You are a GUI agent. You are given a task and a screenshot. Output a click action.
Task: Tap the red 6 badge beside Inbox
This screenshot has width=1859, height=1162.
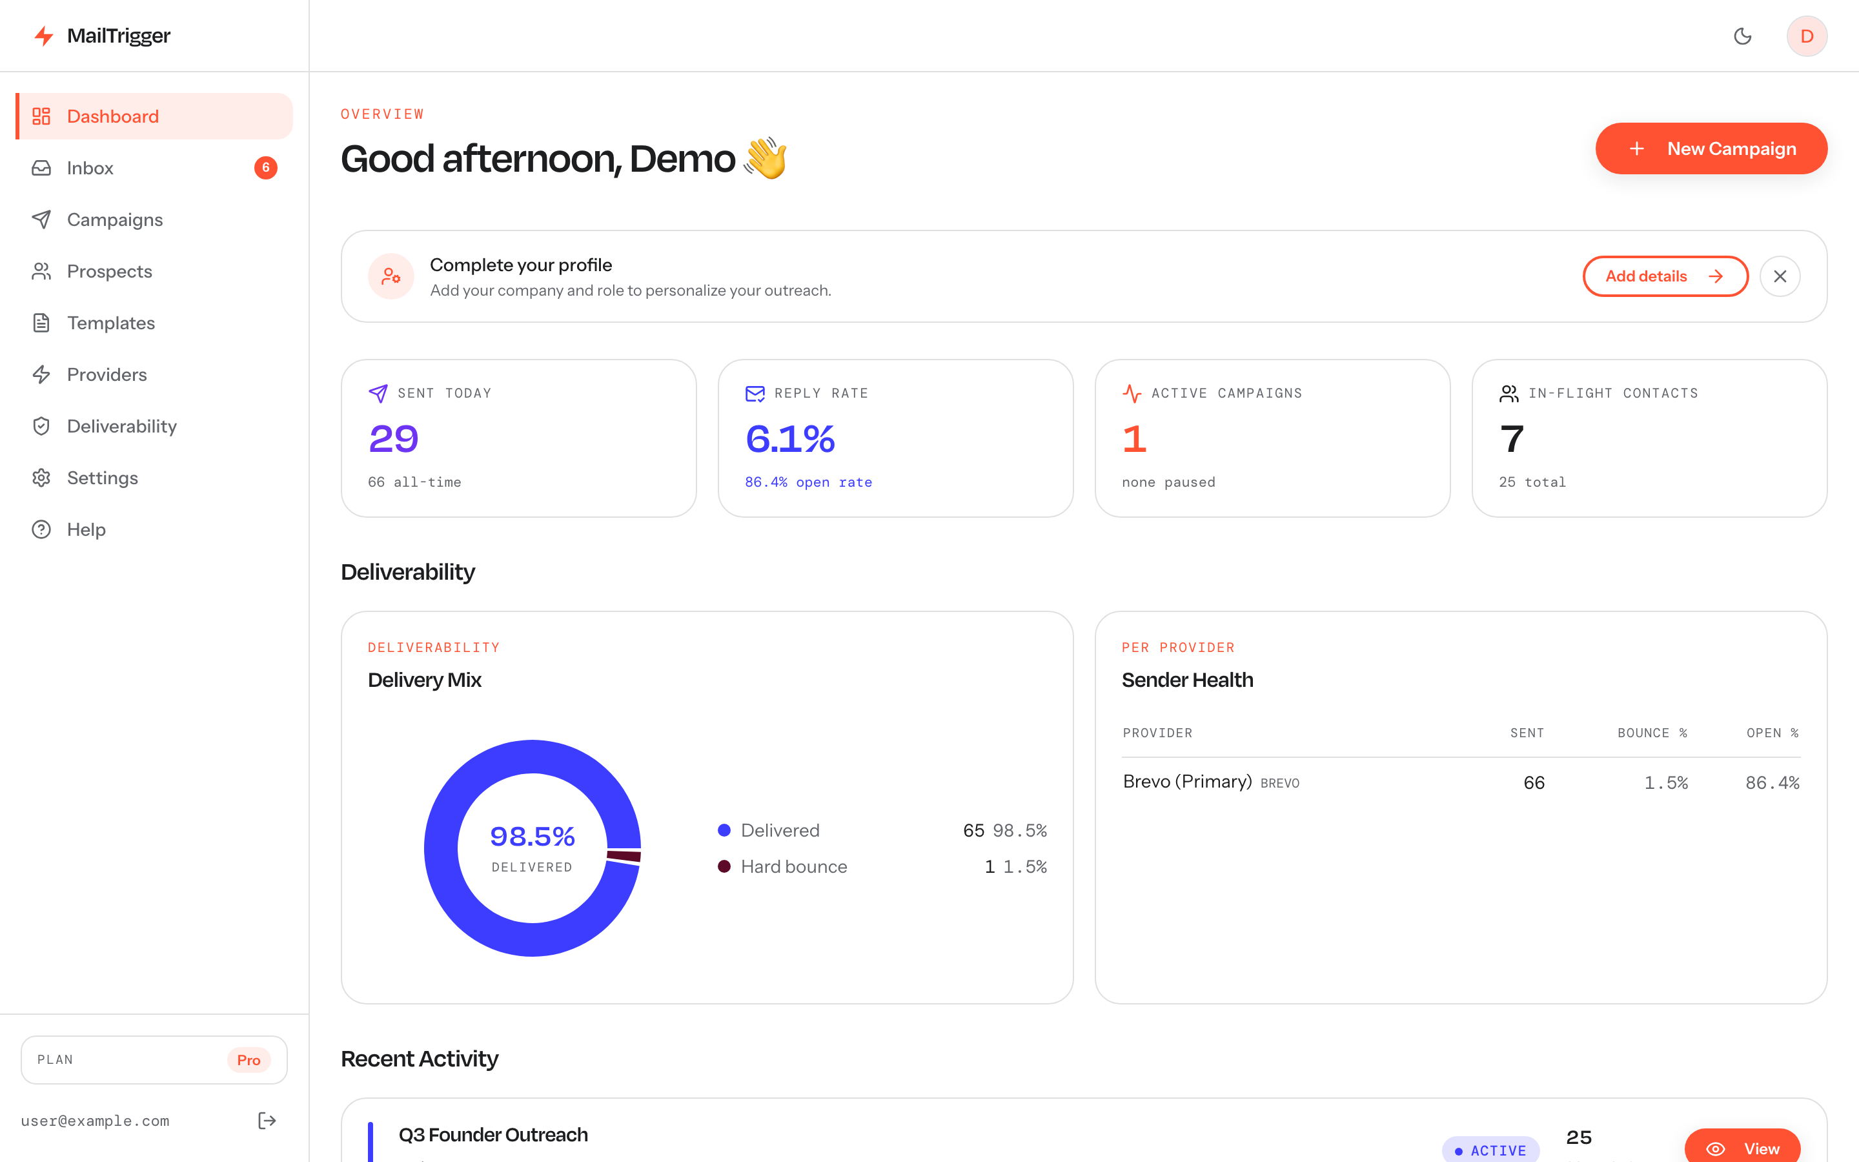[x=266, y=168]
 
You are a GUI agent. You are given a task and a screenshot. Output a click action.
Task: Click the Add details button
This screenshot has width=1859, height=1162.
[x=1665, y=276]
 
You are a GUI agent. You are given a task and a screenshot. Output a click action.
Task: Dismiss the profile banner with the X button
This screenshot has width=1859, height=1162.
[x=1780, y=276]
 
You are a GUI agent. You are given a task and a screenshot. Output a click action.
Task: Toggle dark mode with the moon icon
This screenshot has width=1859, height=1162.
[x=1742, y=36]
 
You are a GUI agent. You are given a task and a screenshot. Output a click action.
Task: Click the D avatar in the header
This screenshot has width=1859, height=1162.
[x=1807, y=36]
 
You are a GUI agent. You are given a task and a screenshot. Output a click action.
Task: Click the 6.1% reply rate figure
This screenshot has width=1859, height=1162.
[x=789, y=439]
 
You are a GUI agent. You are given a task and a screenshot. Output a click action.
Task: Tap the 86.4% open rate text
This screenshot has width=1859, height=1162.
[x=808, y=482]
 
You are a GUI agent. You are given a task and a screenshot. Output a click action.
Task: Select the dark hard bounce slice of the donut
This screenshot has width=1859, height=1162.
[x=624, y=856]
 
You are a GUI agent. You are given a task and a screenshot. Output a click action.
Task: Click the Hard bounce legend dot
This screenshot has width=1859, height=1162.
[x=724, y=866]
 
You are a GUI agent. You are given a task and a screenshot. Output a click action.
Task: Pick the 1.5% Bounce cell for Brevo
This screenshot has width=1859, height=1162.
[x=1665, y=782]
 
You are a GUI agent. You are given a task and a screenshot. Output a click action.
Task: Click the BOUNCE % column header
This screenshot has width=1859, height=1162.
[x=1652, y=733]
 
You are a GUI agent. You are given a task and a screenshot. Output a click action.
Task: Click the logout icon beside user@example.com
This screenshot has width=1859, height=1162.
[x=267, y=1121]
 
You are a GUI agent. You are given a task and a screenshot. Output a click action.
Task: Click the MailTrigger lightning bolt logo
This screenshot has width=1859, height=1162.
[x=44, y=36]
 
